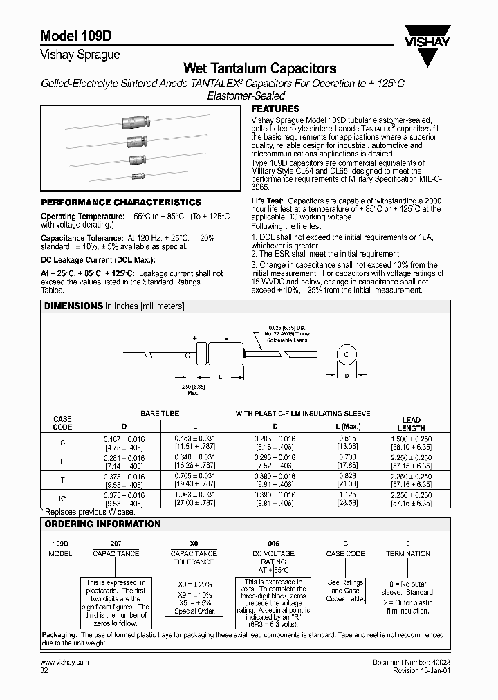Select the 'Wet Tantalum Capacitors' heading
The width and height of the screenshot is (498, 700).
tap(259, 68)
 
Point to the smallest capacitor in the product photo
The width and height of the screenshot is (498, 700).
tap(139, 176)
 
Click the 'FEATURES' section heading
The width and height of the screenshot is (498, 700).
tap(275, 109)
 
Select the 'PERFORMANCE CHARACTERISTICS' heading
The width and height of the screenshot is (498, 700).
tap(121, 203)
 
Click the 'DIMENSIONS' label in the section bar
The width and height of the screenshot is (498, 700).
tap(73, 305)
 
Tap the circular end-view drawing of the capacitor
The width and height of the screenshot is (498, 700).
tap(344, 354)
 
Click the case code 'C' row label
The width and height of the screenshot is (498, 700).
tap(63, 443)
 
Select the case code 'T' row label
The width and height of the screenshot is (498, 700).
tap(63, 479)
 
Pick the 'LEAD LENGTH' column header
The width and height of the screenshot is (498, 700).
tap(412, 424)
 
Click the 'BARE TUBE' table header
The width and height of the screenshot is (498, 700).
tap(160, 414)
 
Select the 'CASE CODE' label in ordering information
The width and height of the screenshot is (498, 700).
tap(345, 554)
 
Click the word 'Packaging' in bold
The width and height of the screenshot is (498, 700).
tap(58, 634)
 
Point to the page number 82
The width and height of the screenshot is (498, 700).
tap(45, 671)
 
